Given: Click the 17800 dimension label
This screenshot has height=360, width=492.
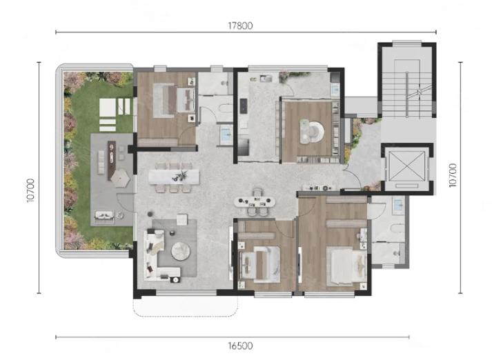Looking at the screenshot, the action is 240,26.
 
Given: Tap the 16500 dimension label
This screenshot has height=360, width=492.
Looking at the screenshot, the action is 240,346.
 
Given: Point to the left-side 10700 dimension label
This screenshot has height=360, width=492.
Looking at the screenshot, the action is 30,190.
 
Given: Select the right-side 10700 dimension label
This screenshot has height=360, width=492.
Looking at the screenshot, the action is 453,175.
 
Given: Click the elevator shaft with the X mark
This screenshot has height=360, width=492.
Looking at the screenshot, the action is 406,166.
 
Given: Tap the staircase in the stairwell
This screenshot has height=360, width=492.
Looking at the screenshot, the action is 407,94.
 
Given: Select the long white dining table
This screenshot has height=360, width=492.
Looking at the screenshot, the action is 174,177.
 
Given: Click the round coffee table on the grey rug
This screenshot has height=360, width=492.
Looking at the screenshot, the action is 180,251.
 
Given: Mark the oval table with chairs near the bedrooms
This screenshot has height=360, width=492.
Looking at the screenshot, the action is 255,201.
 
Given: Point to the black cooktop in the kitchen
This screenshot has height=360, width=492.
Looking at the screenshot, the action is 244,106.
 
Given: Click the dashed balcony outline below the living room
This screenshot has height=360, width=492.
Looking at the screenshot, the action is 186,308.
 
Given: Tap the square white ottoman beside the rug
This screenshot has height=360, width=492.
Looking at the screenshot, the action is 182,219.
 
